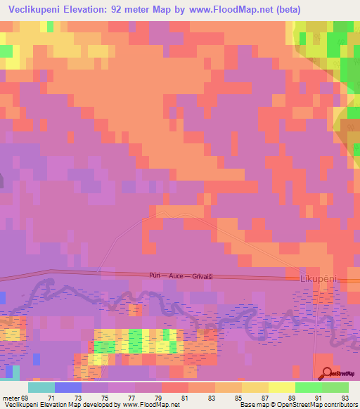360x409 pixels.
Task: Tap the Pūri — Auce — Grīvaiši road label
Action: click(x=181, y=276)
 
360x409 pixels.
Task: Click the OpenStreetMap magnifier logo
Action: click(x=327, y=373)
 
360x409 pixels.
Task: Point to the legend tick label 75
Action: click(x=95, y=398)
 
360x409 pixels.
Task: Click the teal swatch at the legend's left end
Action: click(x=41, y=387)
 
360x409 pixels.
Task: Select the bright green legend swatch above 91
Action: click(x=309, y=387)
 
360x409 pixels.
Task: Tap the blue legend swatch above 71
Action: click(x=68, y=387)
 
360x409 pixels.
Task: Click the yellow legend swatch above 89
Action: click(x=282, y=387)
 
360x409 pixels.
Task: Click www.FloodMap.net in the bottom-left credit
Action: click(x=153, y=405)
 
